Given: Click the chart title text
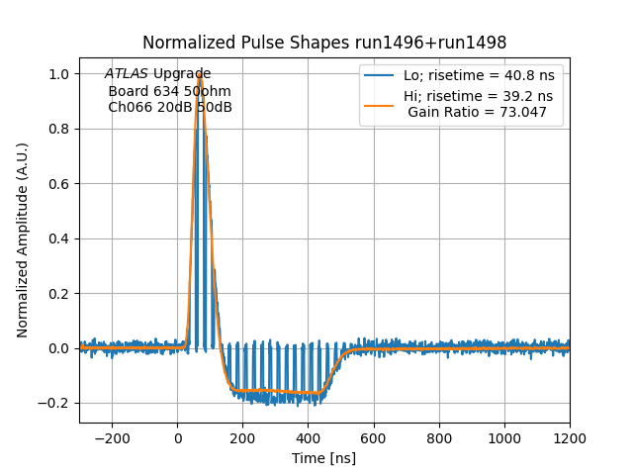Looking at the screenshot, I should (x=324, y=43).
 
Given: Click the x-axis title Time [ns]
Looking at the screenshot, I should (x=323, y=458).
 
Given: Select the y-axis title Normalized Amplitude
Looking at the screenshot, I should (x=23, y=239).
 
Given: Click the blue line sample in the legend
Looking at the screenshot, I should (x=380, y=76).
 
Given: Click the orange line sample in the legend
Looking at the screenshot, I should (x=380, y=97).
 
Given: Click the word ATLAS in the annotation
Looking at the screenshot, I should (x=127, y=74).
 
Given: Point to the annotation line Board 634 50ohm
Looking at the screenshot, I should (x=169, y=91).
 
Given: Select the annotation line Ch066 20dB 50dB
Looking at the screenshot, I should (x=170, y=107).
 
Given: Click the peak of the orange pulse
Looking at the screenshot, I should (x=200, y=74).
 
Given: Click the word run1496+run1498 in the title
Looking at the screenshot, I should (x=434, y=43).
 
